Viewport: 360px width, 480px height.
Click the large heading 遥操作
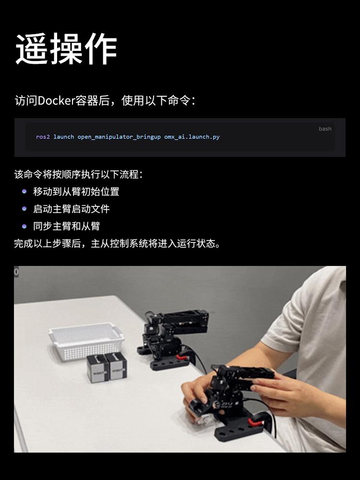click(x=66, y=49)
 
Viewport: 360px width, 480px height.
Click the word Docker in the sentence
click(x=56, y=100)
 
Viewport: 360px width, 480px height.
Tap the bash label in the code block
click(x=325, y=129)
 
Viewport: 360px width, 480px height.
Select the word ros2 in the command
click(x=43, y=137)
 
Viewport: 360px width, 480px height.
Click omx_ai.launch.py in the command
click(x=192, y=137)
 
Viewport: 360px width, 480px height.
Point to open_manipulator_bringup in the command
click(x=119, y=137)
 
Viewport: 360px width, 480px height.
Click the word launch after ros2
click(x=64, y=137)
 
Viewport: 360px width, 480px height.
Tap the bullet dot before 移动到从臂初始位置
click(x=24, y=192)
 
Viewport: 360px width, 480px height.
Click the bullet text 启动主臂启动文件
click(x=72, y=209)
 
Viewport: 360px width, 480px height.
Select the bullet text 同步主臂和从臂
click(x=66, y=226)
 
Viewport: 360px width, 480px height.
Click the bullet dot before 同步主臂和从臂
click(x=24, y=226)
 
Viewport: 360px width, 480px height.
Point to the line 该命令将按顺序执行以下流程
click(x=78, y=175)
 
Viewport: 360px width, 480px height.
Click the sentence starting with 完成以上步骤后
click(x=117, y=244)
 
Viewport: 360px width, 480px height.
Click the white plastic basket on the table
click(x=86, y=340)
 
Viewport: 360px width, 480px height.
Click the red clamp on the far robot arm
click(x=182, y=356)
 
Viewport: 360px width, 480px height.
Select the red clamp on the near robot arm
click(x=256, y=423)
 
